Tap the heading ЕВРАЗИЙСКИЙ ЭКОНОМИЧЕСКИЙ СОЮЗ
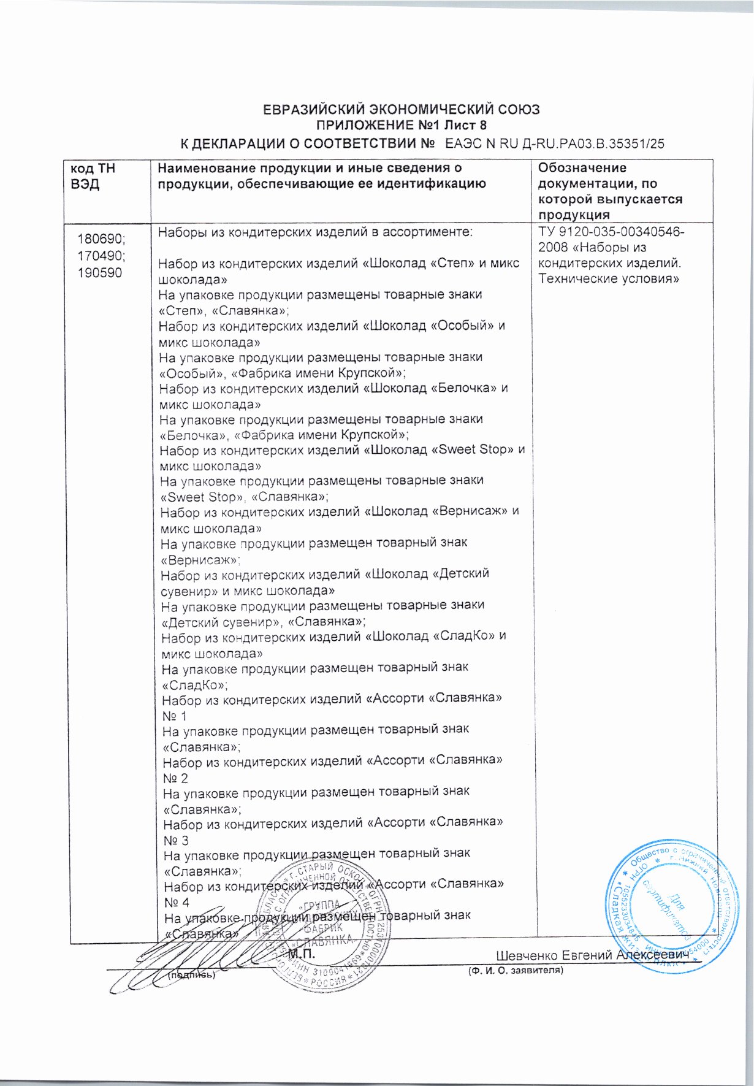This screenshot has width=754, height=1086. [x=401, y=110]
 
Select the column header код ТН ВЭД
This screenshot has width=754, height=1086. [x=93, y=176]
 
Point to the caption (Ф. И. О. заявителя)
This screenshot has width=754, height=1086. [x=515, y=970]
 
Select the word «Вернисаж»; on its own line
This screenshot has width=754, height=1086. [x=200, y=560]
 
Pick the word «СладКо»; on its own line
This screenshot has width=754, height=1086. [x=194, y=684]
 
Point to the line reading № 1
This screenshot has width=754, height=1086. [x=175, y=716]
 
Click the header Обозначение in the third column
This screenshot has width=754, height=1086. [x=582, y=168]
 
